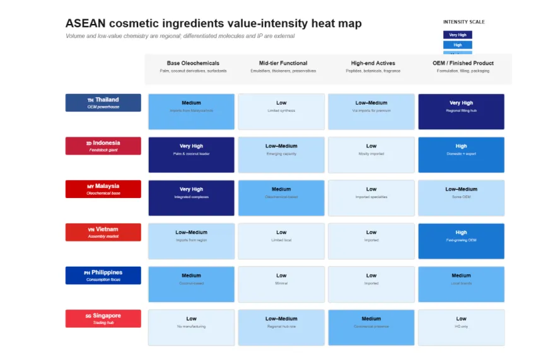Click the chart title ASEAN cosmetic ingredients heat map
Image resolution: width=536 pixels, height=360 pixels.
tap(213, 23)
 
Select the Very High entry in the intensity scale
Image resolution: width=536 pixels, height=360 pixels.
tap(457, 35)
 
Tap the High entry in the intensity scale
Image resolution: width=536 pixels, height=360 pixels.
tap(457, 45)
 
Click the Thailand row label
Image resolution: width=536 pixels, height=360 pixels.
tap(103, 103)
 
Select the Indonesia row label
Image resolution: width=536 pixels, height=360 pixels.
tap(103, 146)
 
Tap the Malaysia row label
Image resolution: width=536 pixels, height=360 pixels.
tap(103, 189)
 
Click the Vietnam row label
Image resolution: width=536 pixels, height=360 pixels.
tap(103, 232)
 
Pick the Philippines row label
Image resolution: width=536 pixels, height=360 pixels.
tap(103, 276)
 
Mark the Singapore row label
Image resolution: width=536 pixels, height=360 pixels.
tap(103, 318)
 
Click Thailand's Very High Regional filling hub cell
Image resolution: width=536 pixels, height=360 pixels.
tap(461, 112)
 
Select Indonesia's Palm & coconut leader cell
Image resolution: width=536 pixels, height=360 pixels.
tap(191, 154)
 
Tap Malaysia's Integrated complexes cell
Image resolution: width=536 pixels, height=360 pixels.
tap(191, 198)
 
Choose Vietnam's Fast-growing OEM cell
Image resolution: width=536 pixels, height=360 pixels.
tap(461, 241)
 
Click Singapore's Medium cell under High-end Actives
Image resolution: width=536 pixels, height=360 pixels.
tap(371, 327)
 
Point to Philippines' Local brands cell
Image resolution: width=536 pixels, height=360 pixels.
tap(461, 284)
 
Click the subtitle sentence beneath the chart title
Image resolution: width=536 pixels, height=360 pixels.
tap(180, 36)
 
